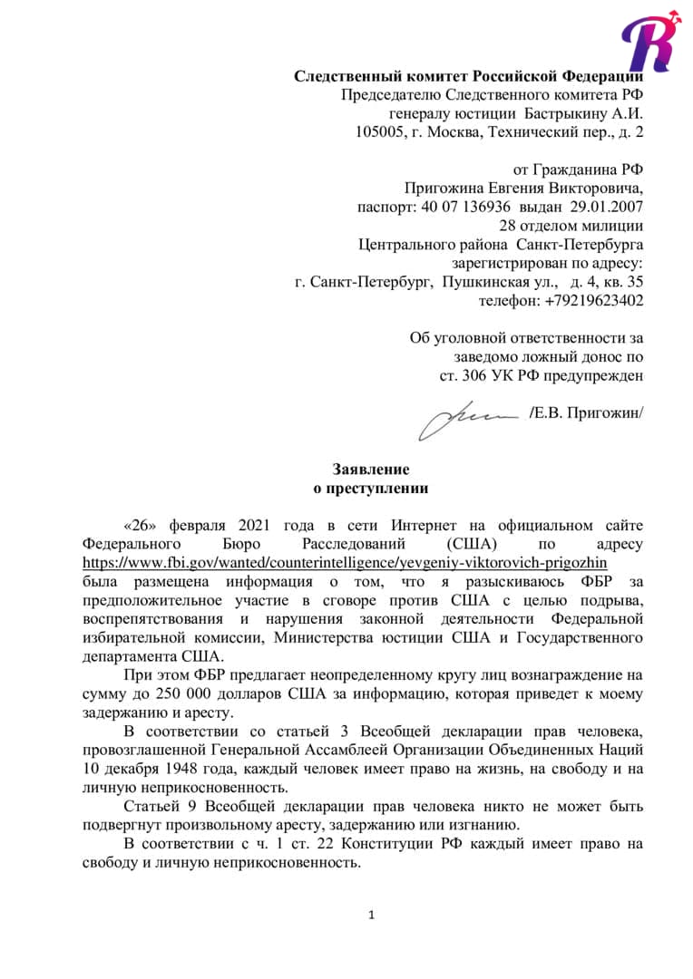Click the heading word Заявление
(370, 470)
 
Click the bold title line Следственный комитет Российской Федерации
(468, 76)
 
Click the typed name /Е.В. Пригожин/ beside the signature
(586, 413)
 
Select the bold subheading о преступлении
(370, 489)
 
